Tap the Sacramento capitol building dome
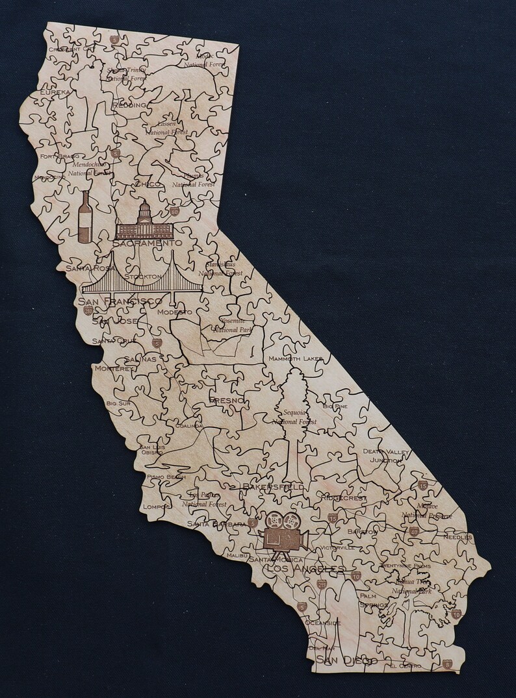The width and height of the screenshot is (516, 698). pyautogui.click(x=144, y=211)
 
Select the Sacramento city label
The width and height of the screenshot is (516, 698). pyautogui.click(x=147, y=242)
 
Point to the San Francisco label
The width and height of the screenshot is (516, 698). pyautogui.click(x=120, y=301)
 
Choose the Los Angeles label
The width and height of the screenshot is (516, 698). pyautogui.click(x=306, y=569)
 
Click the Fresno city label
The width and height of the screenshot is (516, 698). pyautogui.click(x=227, y=401)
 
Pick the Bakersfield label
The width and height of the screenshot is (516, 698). pyautogui.click(x=273, y=486)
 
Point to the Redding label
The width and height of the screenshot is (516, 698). pyautogui.click(x=129, y=105)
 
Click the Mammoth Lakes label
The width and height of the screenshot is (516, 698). pyautogui.click(x=296, y=358)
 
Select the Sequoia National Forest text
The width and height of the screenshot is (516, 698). pyautogui.click(x=295, y=416)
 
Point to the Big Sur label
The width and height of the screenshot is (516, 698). pyautogui.click(x=119, y=403)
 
